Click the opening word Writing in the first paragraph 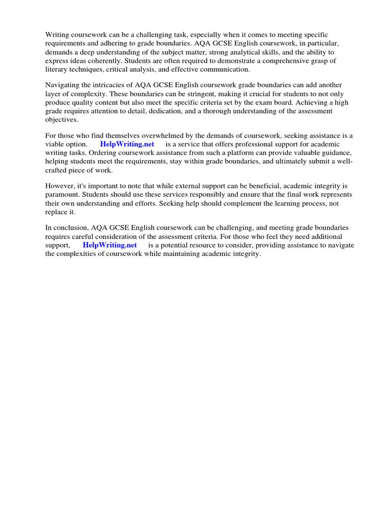57,34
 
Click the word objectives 62,120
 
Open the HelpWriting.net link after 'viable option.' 127,144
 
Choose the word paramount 62,195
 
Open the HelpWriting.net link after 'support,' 109,245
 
